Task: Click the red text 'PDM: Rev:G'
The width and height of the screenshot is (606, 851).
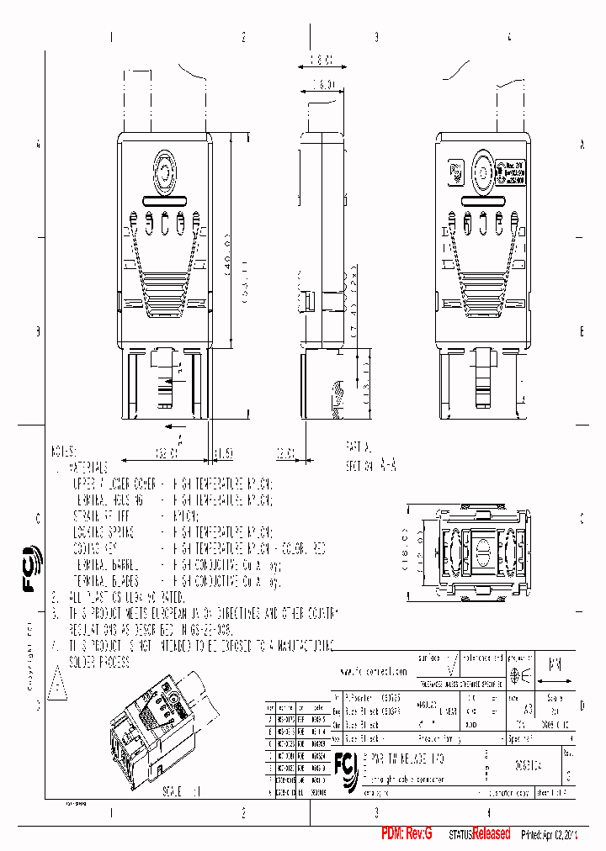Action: coord(407,833)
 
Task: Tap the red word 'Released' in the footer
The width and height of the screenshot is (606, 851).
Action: coord(491,833)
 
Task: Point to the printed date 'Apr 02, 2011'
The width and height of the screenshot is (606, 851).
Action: coord(561,834)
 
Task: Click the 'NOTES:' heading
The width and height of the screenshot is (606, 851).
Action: coord(64,451)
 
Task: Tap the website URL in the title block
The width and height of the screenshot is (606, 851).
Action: coord(374,672)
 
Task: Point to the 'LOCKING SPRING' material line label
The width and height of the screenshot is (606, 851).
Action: coord(103,532)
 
